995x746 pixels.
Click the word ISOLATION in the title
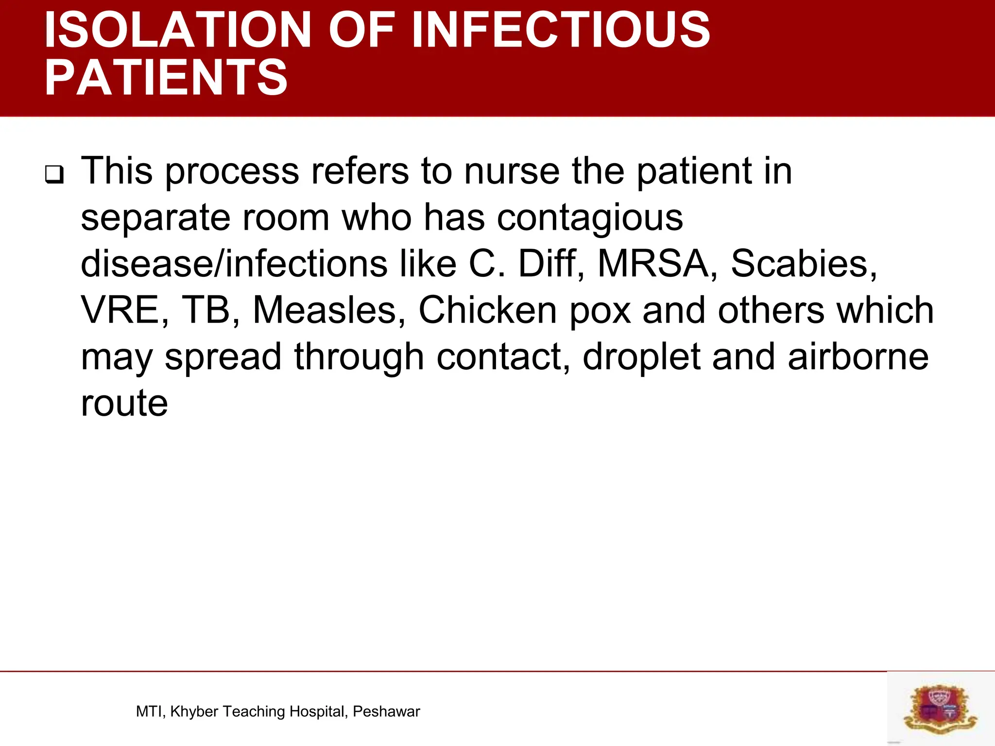(x=177, y=30)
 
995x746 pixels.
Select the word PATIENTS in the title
(x=166, y=78)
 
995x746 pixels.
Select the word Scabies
(x=804, y=264)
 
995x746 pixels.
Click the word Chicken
(x=487, y=311)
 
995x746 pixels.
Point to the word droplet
(x=641, y=357)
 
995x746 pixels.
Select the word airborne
(x=858, y=357)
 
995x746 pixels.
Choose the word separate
(x=155, y=219)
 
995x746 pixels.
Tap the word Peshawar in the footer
(x=386, y=712)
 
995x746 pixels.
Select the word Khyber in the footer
(x=194, y=712)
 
